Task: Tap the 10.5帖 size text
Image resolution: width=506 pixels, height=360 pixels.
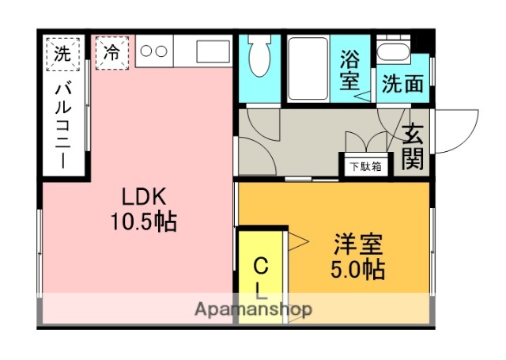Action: click(x=143, y=222)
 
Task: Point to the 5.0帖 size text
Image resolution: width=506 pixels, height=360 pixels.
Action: click(x=357, y=270)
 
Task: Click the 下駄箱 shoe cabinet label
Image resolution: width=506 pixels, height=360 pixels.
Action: click(x=366, y=166)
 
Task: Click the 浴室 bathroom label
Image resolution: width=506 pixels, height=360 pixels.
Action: click(x=349, y=69)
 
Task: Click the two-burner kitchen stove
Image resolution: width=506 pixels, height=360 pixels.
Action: click(x=153, y=53)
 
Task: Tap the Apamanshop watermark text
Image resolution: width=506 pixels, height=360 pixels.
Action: click(x=253, y=309)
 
